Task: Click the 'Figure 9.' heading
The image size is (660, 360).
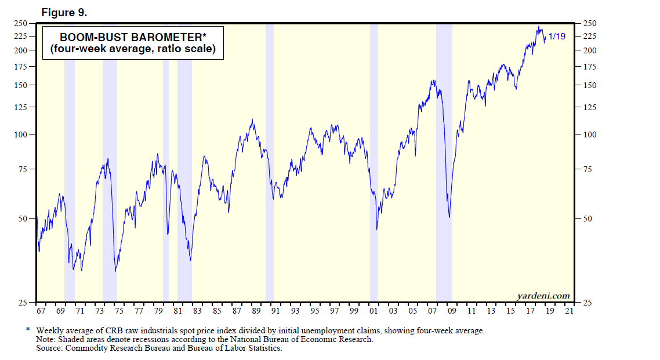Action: [x=65, y=12]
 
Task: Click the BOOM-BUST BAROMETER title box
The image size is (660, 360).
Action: [x=132, y=43]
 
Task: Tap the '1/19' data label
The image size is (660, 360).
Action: [x=557, y=37]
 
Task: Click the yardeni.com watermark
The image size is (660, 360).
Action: [x=543, y=296]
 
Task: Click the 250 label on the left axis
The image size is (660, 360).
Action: [x=21, y=23]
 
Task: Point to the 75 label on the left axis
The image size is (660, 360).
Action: [x=23, y=169]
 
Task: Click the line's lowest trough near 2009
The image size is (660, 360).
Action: [x=449, y=217]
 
